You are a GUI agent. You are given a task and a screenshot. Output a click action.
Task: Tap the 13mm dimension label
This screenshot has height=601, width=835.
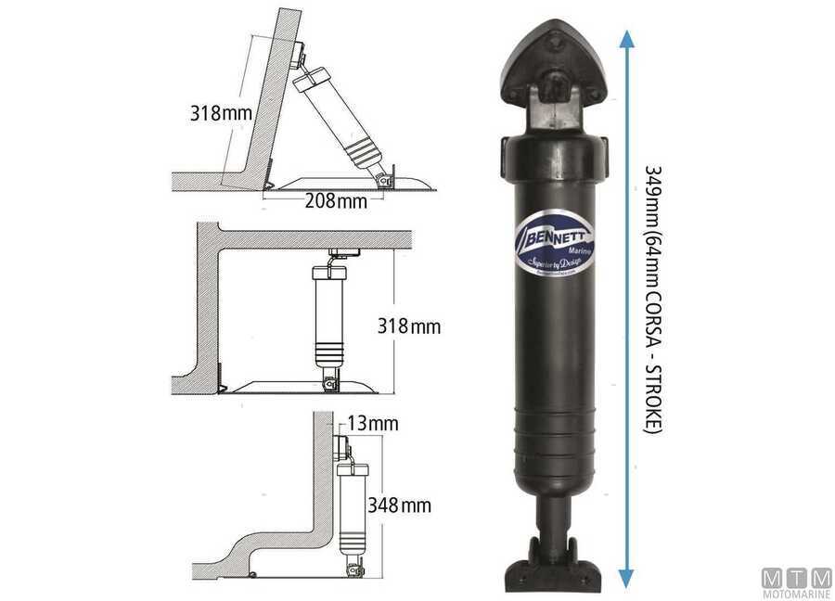(373, 424)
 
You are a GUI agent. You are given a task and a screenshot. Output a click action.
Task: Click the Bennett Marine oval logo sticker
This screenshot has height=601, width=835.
(554, 247)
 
